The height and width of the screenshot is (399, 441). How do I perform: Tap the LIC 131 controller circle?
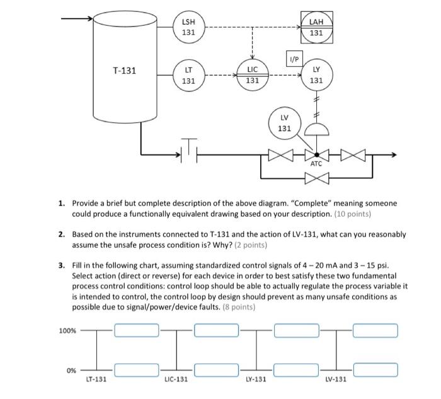[x=252, y=75]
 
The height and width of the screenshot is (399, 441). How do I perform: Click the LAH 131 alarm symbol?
[x=317, y=28]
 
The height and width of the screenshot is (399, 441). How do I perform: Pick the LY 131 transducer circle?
[x=316, y=75]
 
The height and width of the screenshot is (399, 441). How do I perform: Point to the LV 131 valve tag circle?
[x=284, y=123]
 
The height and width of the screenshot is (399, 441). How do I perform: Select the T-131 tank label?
[x=125, y=71]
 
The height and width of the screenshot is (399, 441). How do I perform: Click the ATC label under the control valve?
[x=316, y=163]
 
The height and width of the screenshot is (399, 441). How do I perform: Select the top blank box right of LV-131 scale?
[x=375, y=330]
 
